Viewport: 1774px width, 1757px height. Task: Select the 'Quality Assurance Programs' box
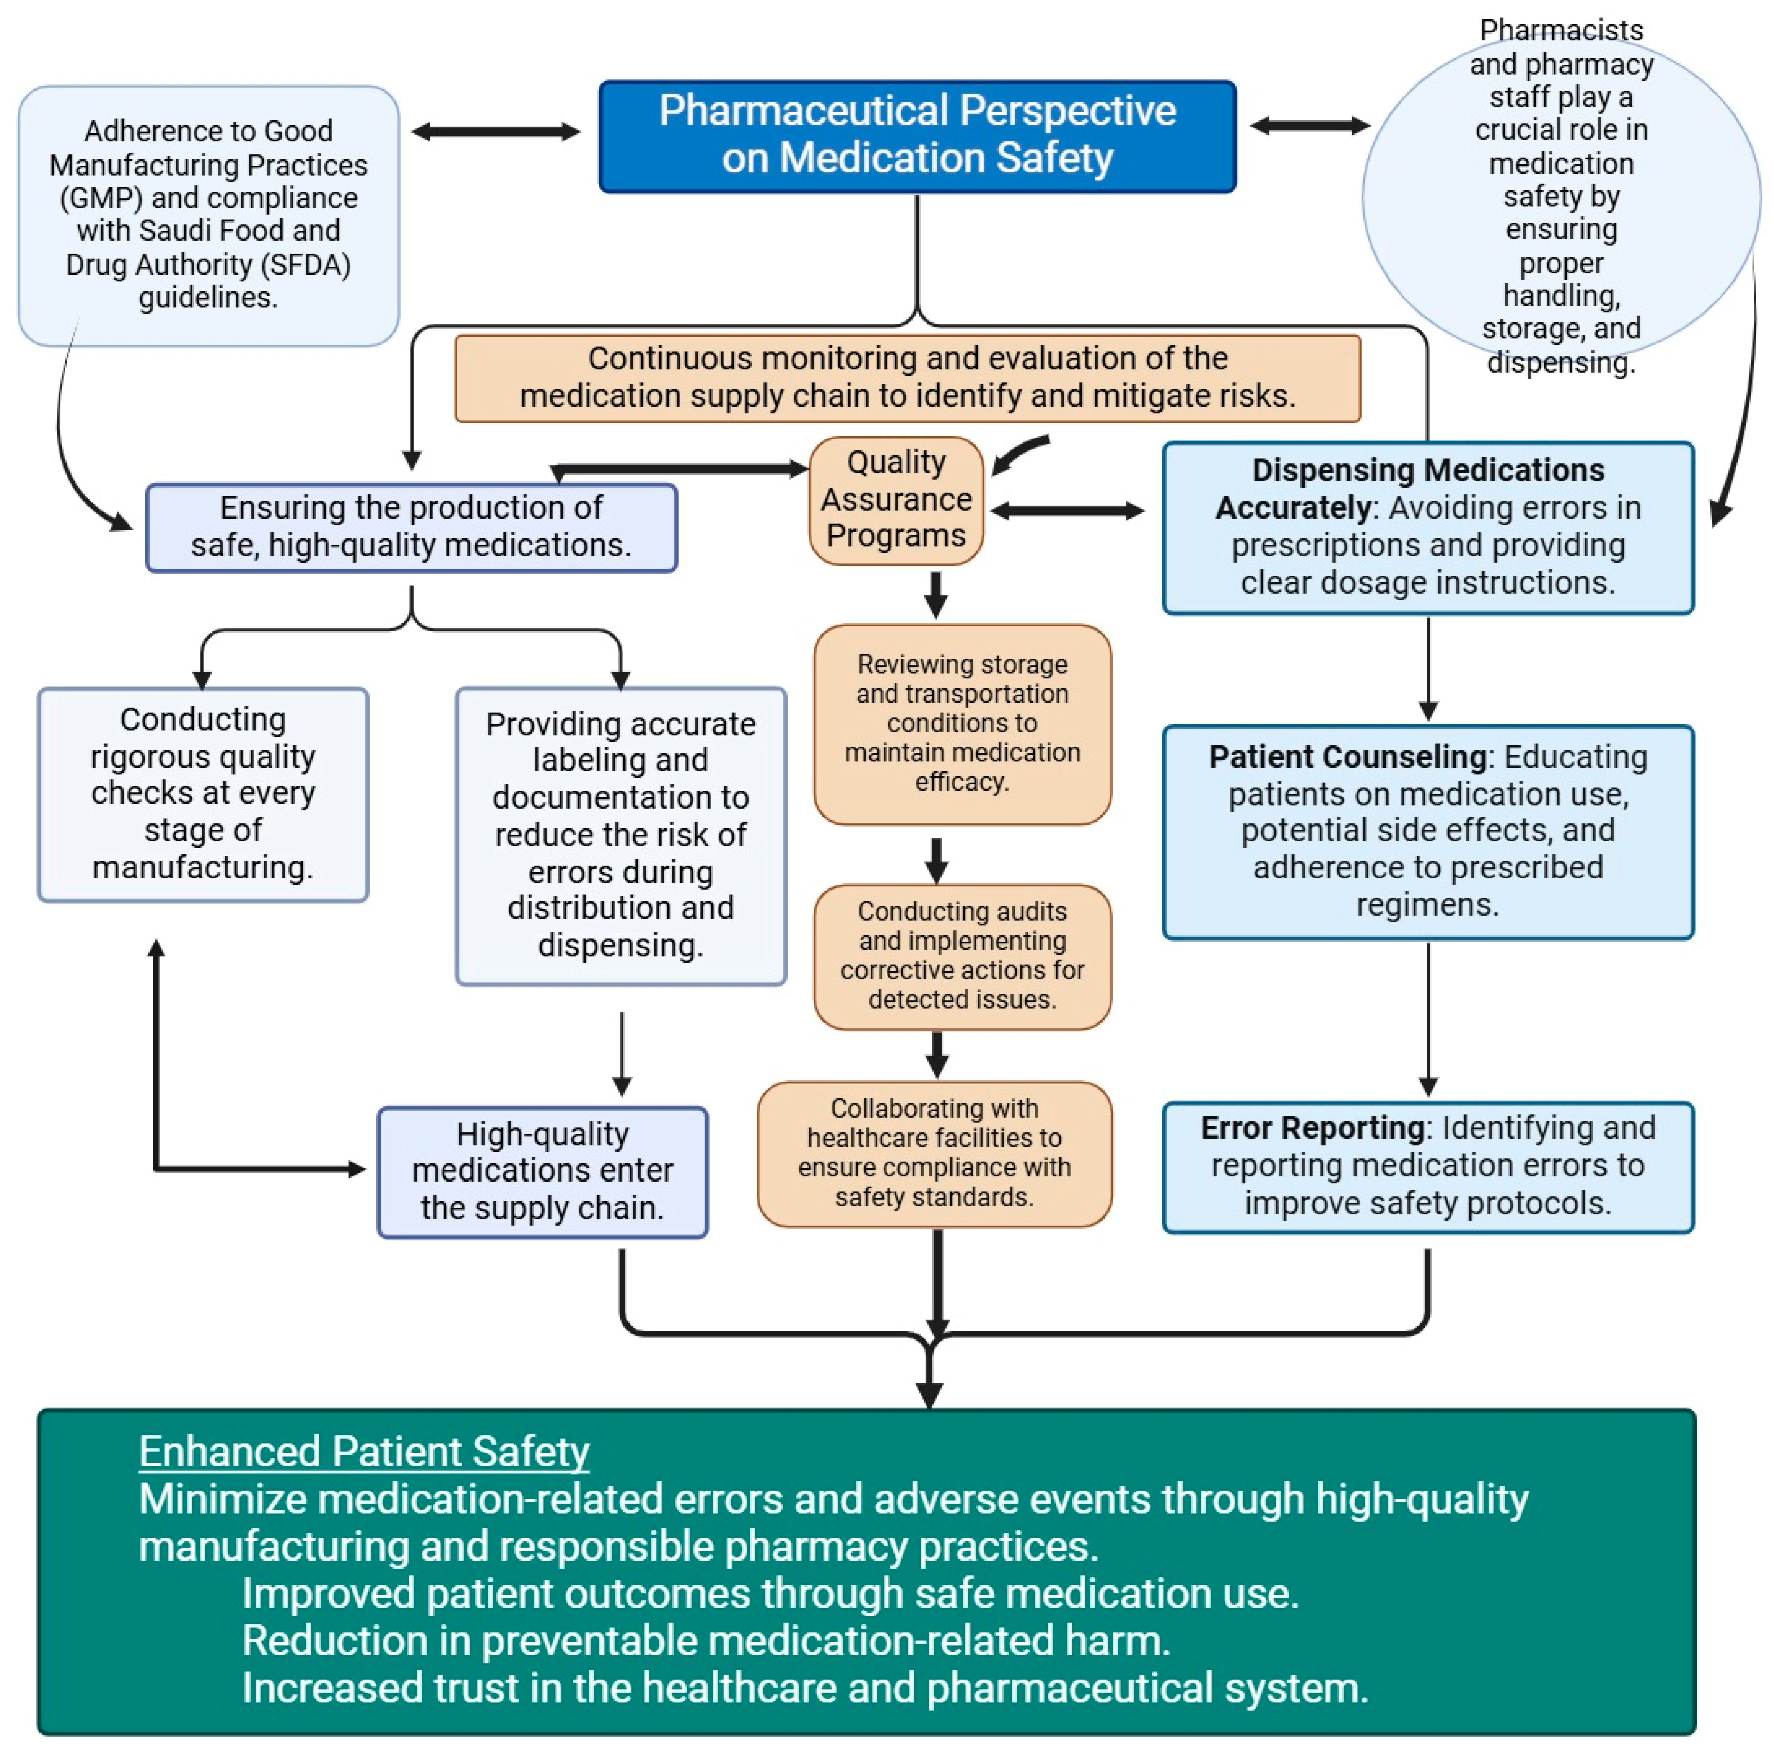[896, 500]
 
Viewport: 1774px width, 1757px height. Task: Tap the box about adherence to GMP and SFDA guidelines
[208, 216]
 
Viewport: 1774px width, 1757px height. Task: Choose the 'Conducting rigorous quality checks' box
[203, 794]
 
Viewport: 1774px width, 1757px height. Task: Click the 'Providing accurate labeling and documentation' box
[621, 836]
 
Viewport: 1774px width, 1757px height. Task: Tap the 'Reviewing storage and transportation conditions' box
[962, 724]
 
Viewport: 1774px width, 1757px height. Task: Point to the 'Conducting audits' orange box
[962, 956]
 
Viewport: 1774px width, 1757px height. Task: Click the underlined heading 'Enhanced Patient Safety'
[364, 1452]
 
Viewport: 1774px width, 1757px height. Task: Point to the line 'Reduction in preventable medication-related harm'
[706, 1641]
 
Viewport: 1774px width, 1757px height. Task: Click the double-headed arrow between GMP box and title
[496, 132]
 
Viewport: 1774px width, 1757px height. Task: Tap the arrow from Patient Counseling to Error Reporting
[1428, 1019]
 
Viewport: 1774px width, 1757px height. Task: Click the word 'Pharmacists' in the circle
[1561, 30]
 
